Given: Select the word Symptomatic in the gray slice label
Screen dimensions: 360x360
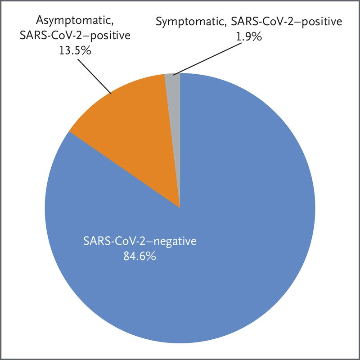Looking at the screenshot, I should (x=186, y=21).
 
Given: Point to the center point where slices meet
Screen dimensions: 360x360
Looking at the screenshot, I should (x=180, y=208).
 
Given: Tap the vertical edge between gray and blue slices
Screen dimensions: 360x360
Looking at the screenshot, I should (x=180, y=135).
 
